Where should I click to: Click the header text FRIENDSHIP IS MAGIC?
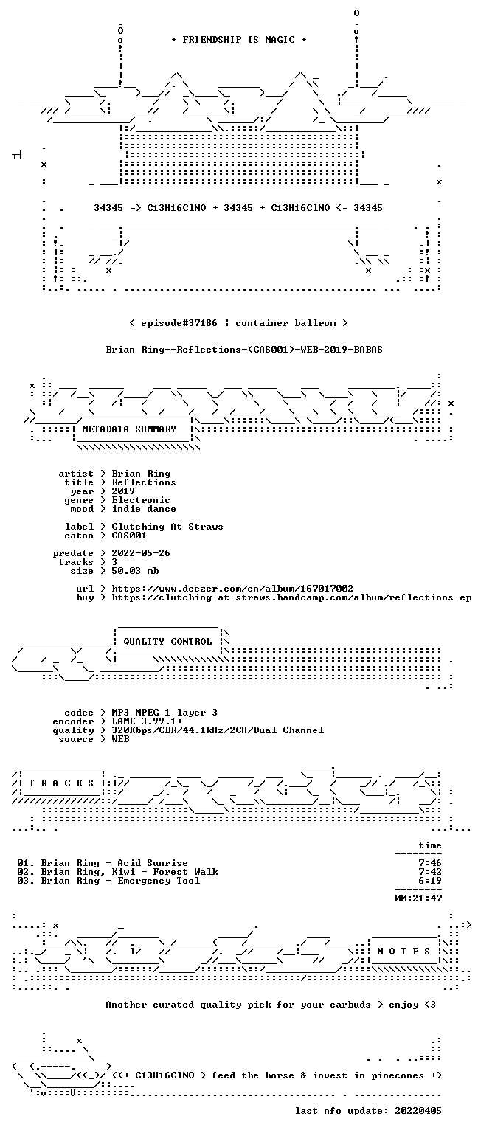click(x=239, y=39)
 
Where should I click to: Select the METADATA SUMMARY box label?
click(x=129, y=429)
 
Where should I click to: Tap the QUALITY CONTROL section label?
click(x=167, y=641)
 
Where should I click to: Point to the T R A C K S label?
click(x=61, y=783)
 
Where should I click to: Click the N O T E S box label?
click(x=403, y=951)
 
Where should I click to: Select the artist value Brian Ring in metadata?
click(x=141, y=474)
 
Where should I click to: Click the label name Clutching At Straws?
click(x=167, y=527)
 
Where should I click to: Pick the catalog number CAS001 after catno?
click(x=129, y=535)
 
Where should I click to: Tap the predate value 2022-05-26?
click(x=141, y=552)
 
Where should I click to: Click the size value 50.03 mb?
click(x=135, y=570)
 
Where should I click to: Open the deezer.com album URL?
click(x=232, y=588)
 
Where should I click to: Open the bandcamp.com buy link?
click(x=291, y=597)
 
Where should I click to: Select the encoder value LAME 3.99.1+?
click(x=148, y=721)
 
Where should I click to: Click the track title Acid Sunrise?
click(x=153, y=863)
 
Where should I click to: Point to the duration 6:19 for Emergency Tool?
click(x=430, y=881)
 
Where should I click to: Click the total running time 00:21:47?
click(x=418, y=898)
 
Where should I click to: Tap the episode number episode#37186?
click(x=179, y=322)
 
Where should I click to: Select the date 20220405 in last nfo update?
click(x=418, y=1111)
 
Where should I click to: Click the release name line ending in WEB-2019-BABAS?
click(x=244, y=350)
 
